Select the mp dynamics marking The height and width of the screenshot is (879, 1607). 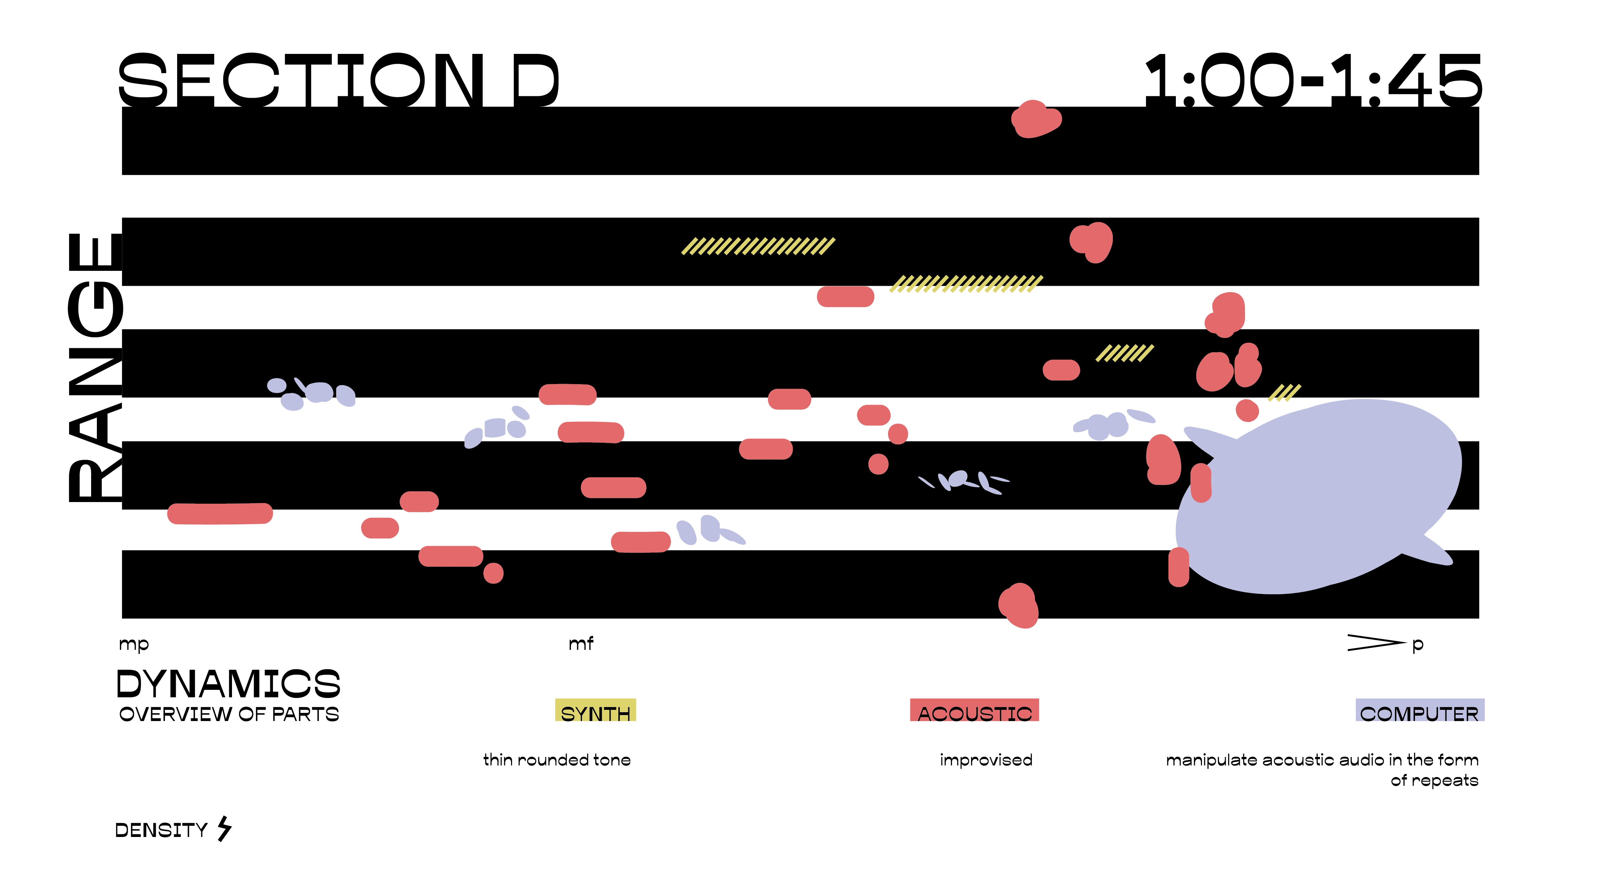(x=133, y=644)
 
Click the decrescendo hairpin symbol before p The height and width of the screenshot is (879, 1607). (x=1376, y=642)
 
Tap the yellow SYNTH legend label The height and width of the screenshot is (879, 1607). (x=595, y=712)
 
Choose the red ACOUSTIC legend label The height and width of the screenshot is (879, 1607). (x=974, y=712)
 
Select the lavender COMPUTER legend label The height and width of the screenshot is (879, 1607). (x=1419, y=712)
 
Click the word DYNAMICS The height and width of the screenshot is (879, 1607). (x=228, y=684)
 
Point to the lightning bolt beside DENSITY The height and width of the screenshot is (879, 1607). (x=225, y=829)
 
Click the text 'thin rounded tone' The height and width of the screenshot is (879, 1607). (x=556, y=760)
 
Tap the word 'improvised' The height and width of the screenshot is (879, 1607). (x=986, y=760)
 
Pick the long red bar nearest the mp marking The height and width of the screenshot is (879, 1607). (x=219, y=513)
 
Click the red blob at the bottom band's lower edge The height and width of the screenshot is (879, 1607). (x=1019, y=605)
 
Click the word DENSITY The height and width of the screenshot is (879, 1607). (x=161, y=830)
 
